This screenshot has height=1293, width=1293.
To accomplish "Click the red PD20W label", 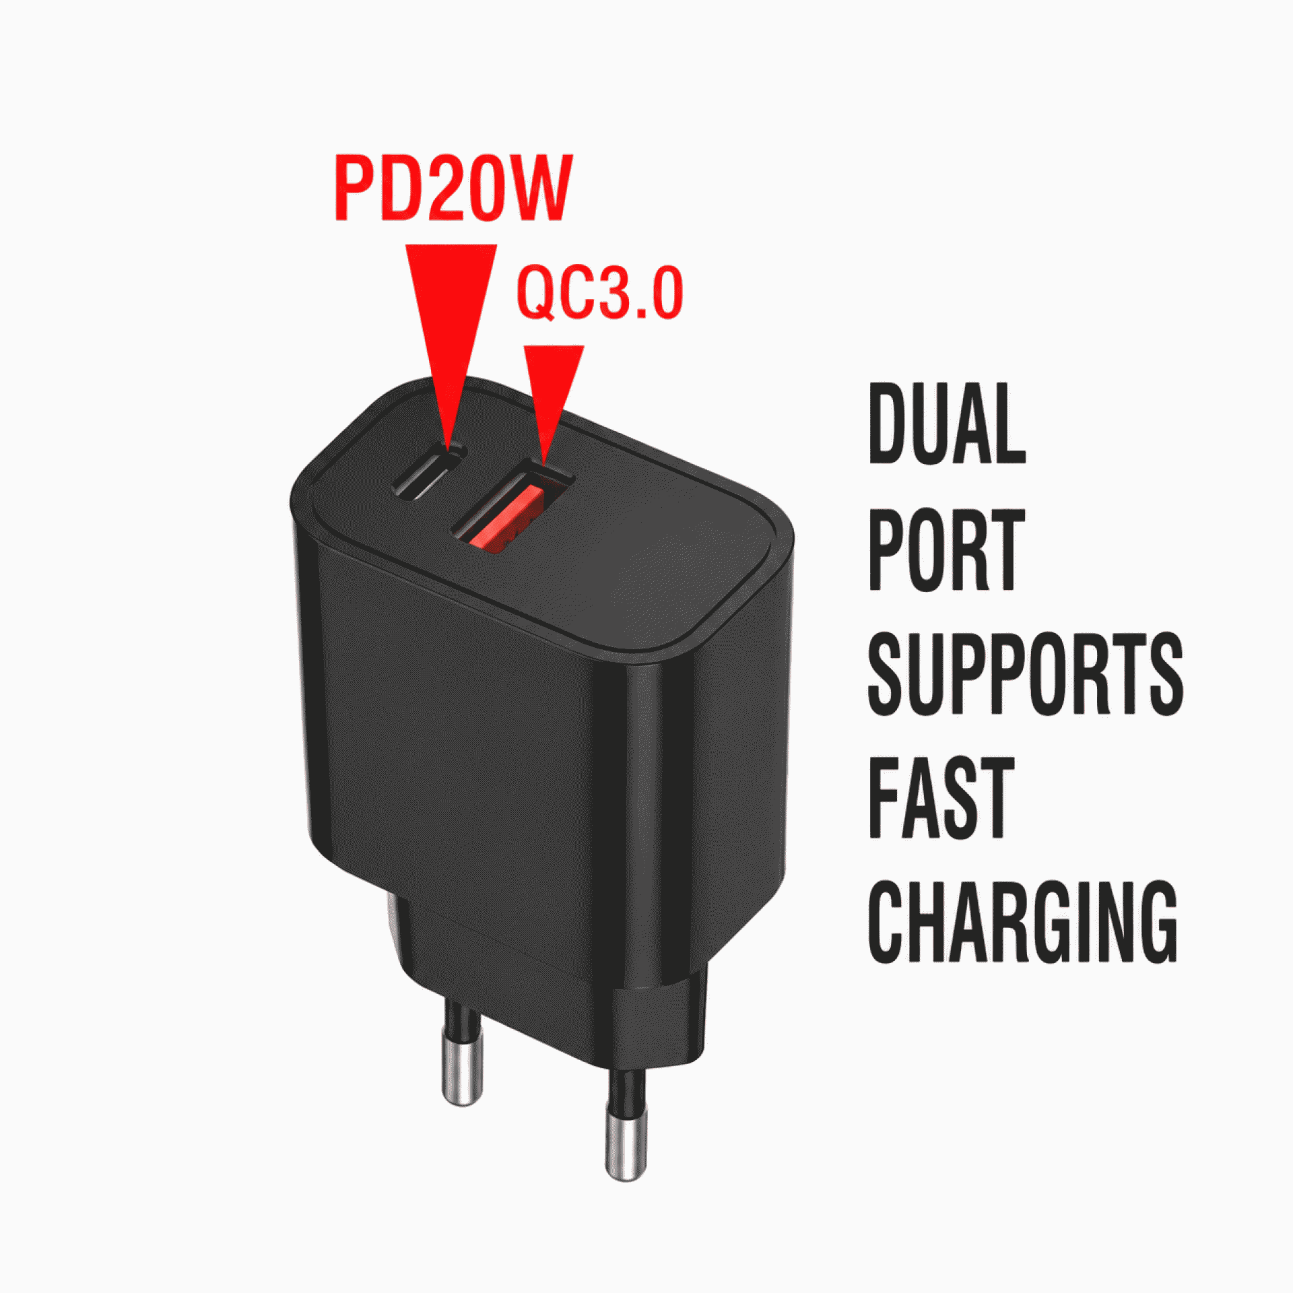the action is click(x=453, y=188).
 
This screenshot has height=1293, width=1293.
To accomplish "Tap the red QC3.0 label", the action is click(x=600, y=292).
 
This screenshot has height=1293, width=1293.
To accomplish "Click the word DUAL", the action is click(x=947, y=423).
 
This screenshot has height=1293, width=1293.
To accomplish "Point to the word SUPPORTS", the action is click(x=1025, y=674).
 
